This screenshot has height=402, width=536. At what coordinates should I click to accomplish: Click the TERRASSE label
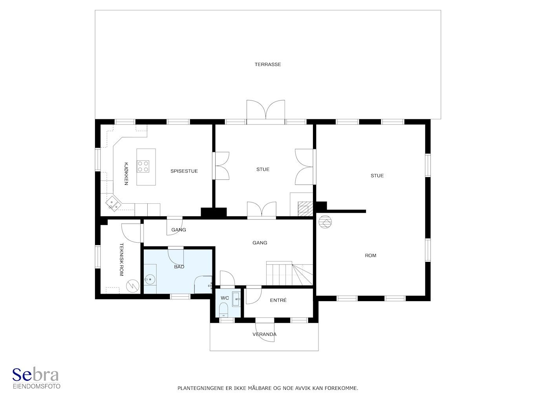click(268, 64)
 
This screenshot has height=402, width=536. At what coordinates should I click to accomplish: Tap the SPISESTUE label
click(184, 171)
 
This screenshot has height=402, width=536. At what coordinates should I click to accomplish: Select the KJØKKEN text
click(126, 174)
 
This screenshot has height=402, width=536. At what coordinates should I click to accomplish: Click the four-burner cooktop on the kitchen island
click(143, 166)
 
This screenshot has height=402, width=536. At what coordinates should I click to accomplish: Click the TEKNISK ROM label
click(121, 259)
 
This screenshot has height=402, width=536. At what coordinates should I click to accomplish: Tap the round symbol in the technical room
click(133, 286)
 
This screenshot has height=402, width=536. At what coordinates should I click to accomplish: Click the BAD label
click(179, 267)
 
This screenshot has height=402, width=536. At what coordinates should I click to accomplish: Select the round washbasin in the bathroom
click(150, 280)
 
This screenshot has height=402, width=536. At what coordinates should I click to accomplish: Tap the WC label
click(225, 298)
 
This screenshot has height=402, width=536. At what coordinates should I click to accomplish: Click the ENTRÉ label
click(278, 300)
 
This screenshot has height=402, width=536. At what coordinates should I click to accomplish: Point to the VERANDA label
click(264, 334)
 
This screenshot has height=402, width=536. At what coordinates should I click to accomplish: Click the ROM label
click(370, 256)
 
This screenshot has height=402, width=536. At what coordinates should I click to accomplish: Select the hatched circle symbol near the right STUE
click(325, 222)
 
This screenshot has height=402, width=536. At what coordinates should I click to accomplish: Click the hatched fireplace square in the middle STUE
click(305, 209)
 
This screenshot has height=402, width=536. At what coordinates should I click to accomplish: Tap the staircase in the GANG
click(289, 273)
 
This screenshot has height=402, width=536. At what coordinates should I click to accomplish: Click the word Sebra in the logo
click(35, 375)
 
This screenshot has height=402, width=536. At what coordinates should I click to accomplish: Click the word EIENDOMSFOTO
click(37, 386)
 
